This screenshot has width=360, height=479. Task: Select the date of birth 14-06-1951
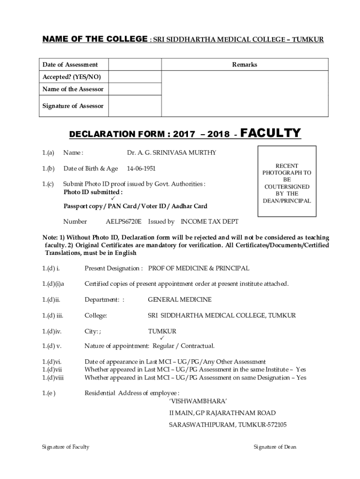pos(143,168)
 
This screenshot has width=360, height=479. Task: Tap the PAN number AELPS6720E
pos(123,221)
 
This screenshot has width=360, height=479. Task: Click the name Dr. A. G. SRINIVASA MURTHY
pos(172,152)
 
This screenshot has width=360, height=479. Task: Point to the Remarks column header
pos(245,65)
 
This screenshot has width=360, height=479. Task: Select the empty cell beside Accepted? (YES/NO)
pos(136,77)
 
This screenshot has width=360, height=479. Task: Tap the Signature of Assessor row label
pos(73,106)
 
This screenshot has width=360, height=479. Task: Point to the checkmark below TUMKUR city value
pos(162,338)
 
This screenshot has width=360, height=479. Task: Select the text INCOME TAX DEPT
pos(209,221)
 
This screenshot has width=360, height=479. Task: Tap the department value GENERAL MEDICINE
pos(180,299)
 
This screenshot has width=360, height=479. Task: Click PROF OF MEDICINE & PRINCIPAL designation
pos(199,268)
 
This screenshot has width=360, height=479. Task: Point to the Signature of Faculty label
pos(65,447)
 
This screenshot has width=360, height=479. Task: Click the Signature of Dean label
pos(275,447)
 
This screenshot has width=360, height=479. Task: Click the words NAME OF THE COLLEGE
pos(95,40)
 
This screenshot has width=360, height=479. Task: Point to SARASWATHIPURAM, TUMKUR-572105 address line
pos(228,425)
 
